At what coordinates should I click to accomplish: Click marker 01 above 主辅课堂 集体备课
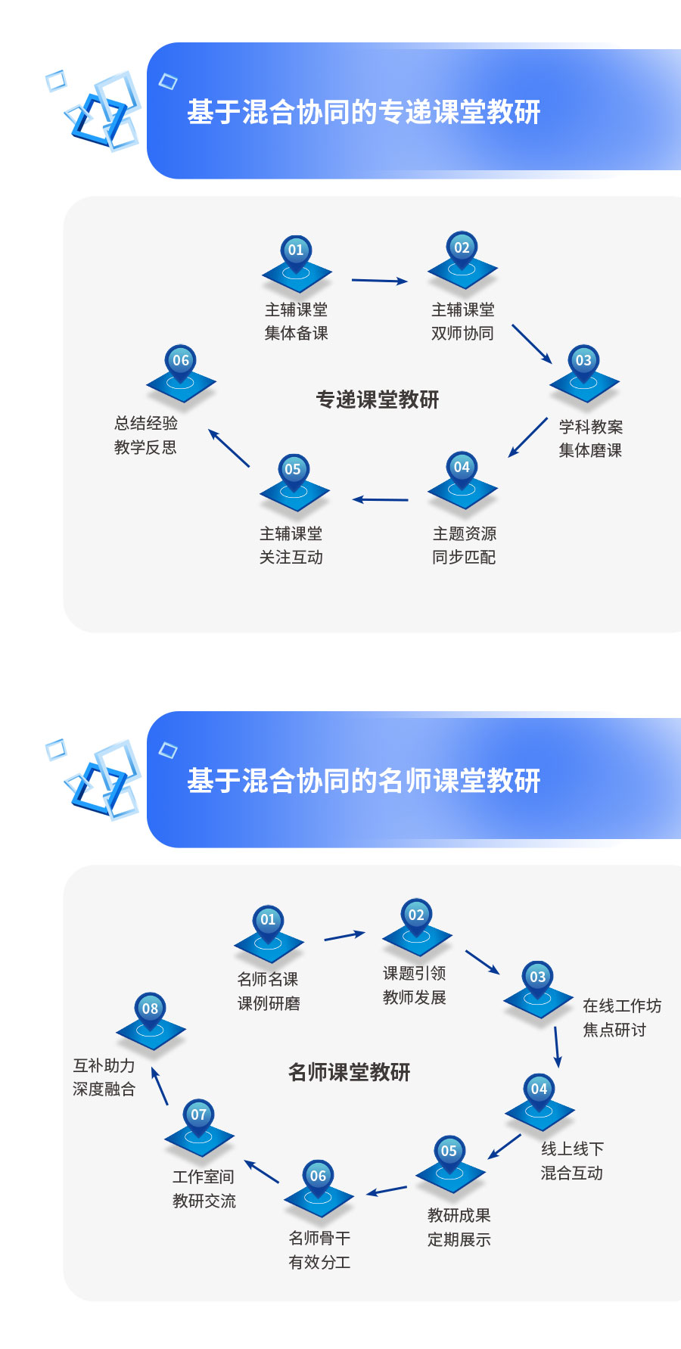(x=296, y=250)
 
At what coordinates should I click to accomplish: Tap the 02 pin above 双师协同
(x=462, y=248)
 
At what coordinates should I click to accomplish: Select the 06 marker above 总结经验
(x=181, y=361)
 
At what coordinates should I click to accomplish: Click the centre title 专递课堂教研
(x=378, y=399)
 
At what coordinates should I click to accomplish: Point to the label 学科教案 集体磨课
(x=590, y=438)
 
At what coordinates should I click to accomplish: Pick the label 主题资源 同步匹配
(x=464, y=545)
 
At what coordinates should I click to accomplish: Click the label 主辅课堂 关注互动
(x=291, y=545)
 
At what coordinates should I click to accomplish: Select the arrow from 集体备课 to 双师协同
(x=379, y=281)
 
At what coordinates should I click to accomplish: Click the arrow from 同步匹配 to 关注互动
(x=380, y=499)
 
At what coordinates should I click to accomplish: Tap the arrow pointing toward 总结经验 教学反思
(x=229, y=448)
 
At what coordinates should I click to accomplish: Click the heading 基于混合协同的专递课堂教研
(x=363, y=112)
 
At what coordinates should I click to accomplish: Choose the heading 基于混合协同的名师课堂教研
(x=363, y=781)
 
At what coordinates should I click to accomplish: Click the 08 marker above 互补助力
(x=150, y=1009)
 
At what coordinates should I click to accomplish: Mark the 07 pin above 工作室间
(x=198, y=1115)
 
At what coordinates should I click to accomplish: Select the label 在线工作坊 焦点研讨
(x=621, y=1017)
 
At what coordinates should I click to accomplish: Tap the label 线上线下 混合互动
(x=572, y=1161)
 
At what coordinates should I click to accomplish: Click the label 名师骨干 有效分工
(x=319, y=1249)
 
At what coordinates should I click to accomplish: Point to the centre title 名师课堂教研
(x=349, y=1072)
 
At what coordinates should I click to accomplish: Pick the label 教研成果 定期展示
(x=459, y=1226)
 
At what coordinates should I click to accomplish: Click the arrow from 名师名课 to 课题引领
(x=344, y=936)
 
